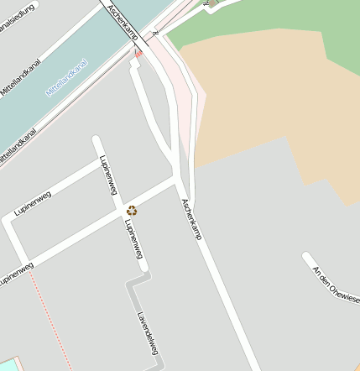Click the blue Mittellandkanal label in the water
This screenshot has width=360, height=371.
[x=67, y=78]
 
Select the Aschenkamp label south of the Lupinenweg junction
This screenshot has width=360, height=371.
[x=191, y=220]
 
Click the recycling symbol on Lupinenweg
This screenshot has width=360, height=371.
[x=132, y=210]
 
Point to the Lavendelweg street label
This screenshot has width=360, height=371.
[x=148, y=333]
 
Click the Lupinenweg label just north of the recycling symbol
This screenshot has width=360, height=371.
[x=107, y=175]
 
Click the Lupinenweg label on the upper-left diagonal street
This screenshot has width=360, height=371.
[x=33, y=203]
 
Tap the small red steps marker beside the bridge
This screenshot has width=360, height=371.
[x=138, y=53]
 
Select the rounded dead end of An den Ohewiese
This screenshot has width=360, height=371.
[x=307, y=257]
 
